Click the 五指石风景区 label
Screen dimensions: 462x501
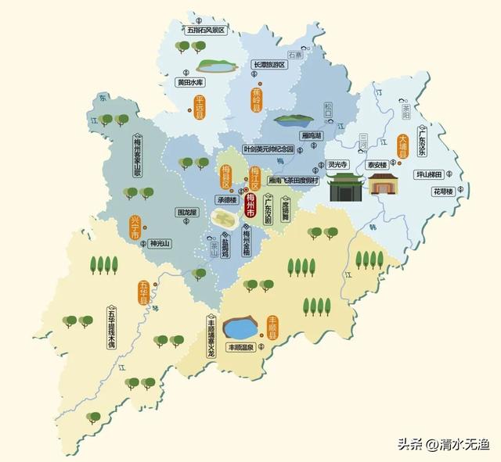pyautogui.click(x=205, y=30)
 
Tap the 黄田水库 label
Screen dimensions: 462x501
pyautogui.click(x=190, y=81)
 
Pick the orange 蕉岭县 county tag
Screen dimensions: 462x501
pyautogui.click(x=256, y=100)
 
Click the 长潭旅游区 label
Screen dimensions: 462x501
pyautogui.click(x=270, y=65)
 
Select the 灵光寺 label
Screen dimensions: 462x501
pyautogui.click(x=338, y=165)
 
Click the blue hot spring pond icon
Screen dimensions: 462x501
pyautogui.click(x=241, y=326)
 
